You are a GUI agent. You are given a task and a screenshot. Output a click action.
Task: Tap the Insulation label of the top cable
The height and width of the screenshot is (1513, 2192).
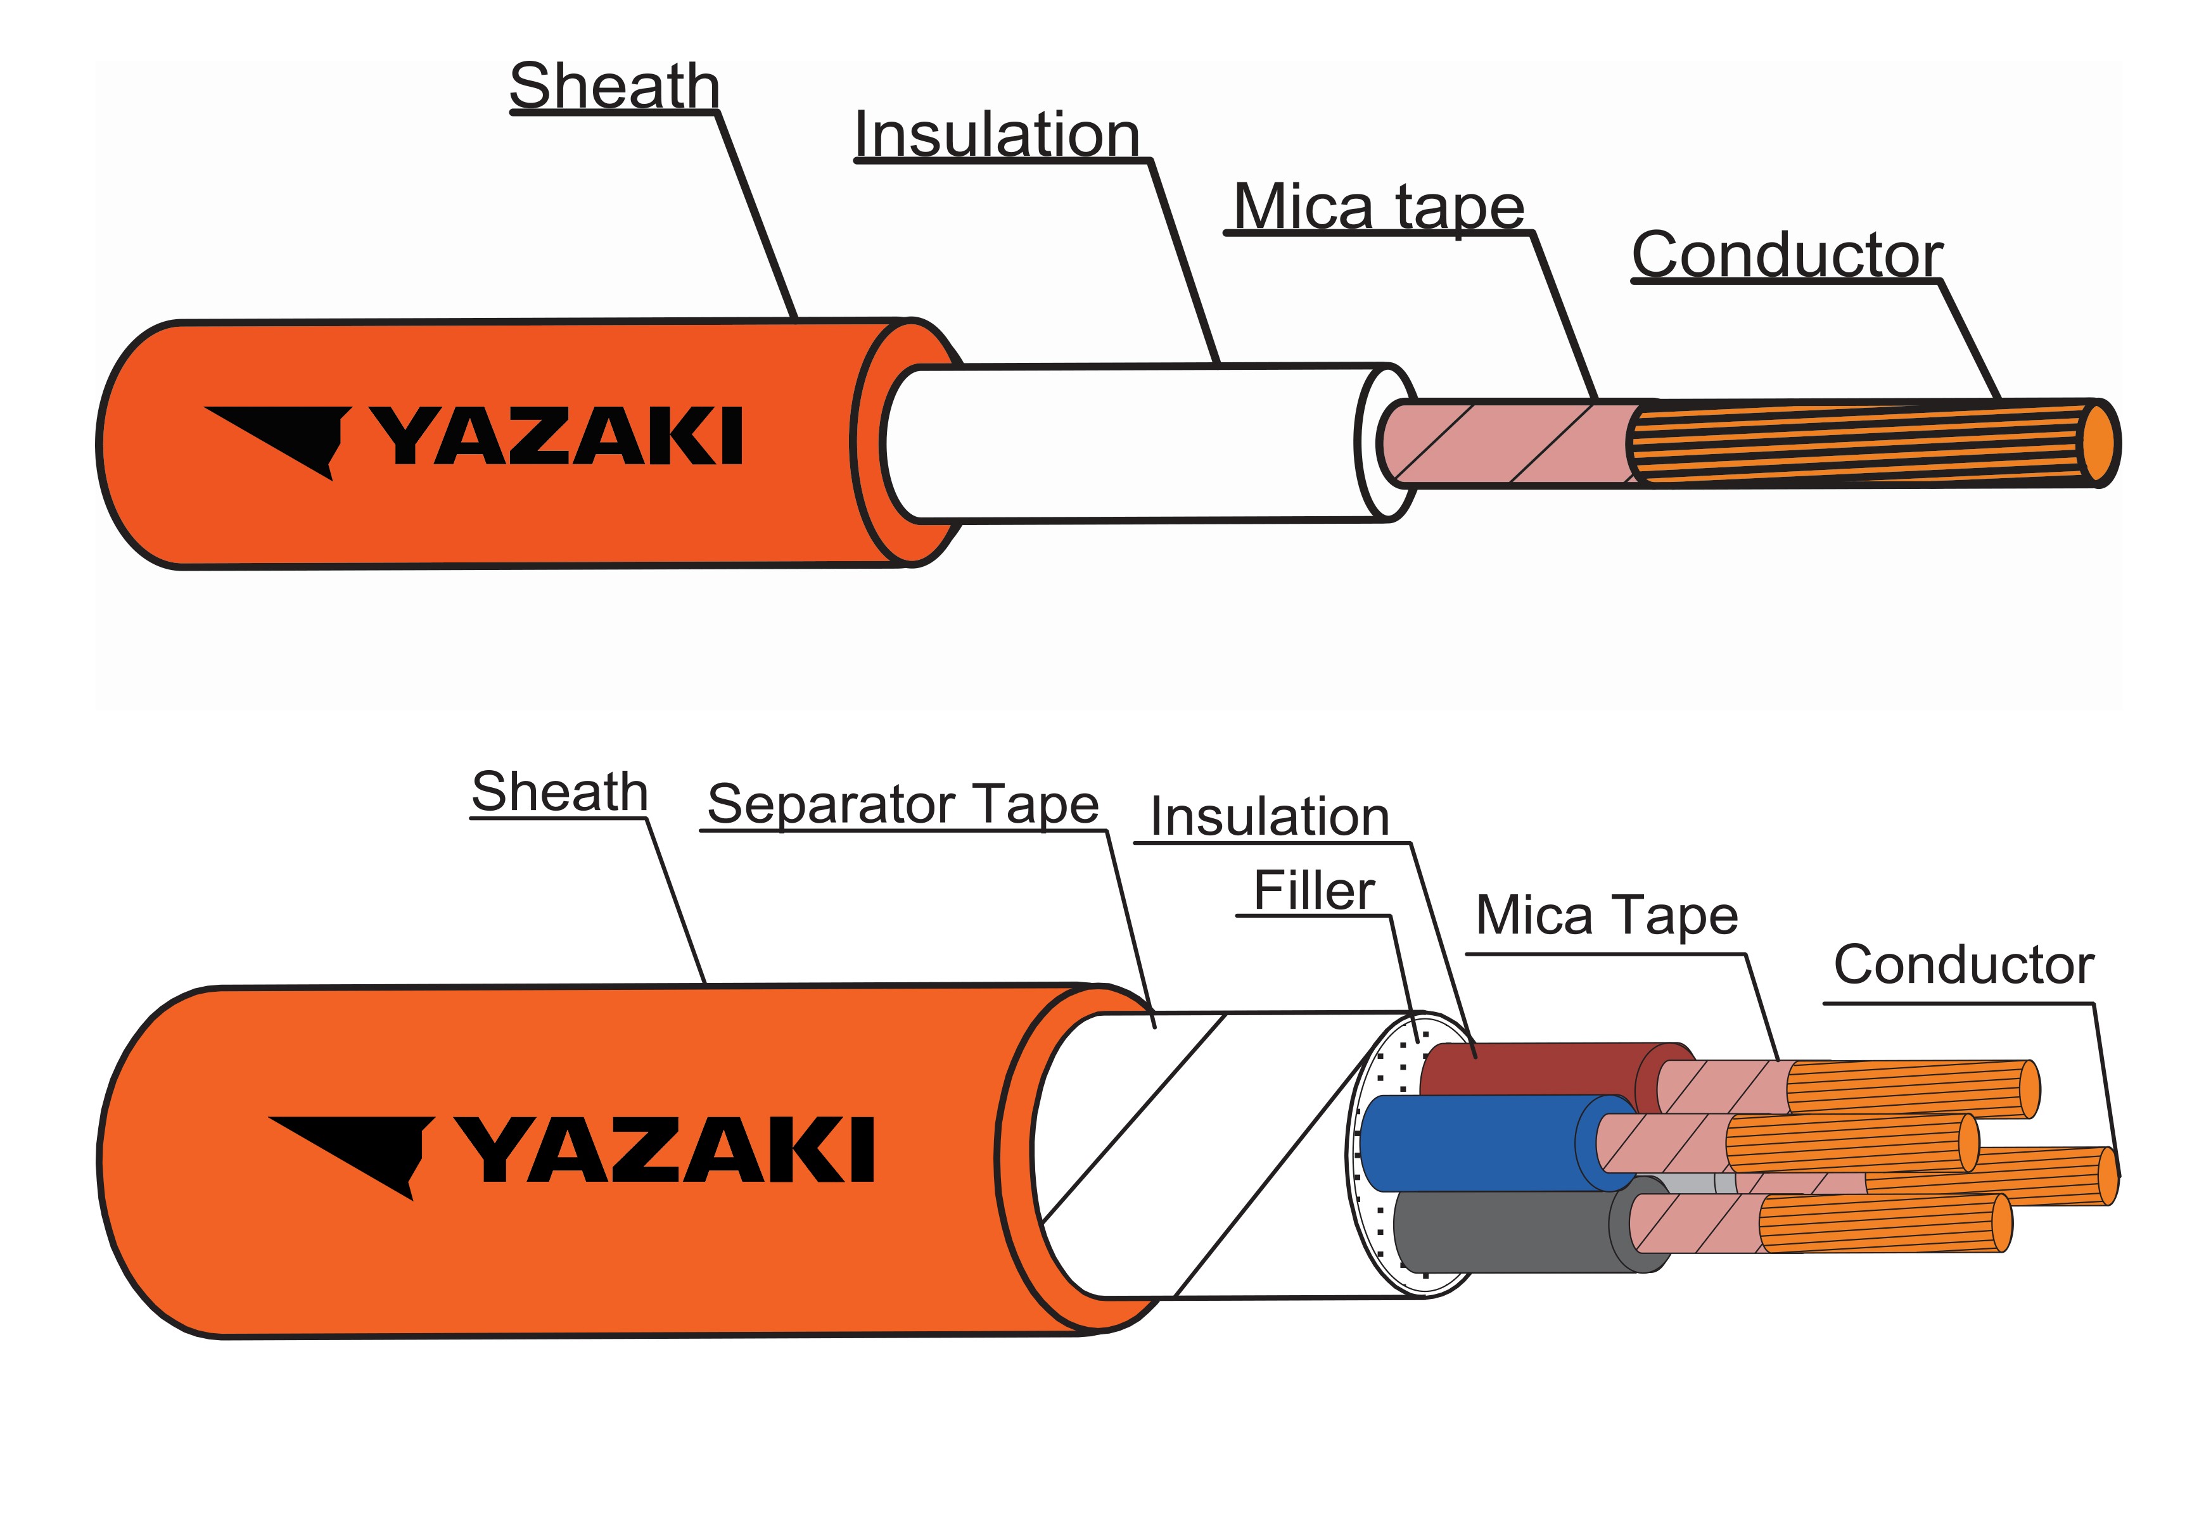(997, 135)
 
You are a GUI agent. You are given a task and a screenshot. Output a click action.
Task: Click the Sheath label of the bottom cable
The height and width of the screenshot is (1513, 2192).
(559, 792)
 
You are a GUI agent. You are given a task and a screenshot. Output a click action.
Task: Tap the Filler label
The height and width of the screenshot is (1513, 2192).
(1313, 890)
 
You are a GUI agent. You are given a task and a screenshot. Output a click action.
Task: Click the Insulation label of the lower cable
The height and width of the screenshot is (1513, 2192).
(1270, 816)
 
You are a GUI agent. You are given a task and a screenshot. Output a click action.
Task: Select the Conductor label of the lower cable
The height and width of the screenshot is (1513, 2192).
(1963, 965)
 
